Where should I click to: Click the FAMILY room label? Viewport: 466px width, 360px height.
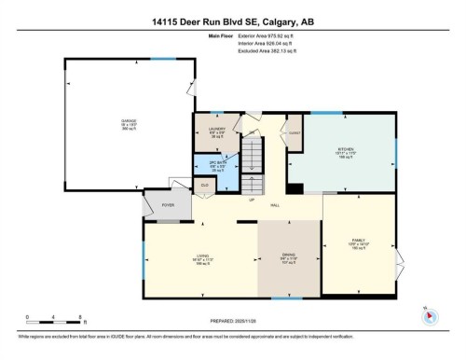[x=358, y=241]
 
